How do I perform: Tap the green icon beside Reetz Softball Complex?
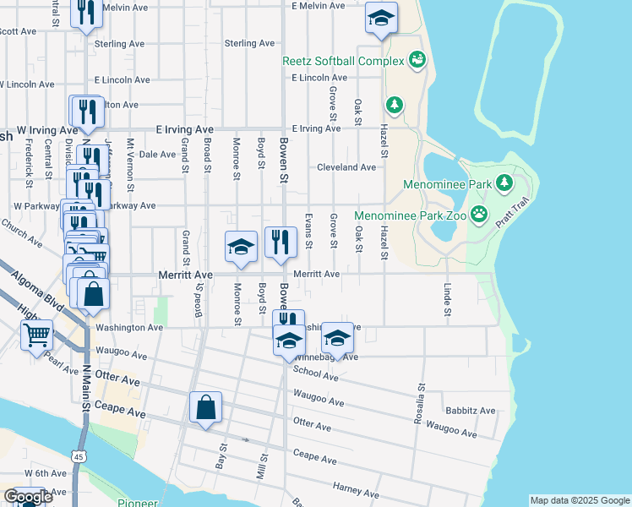pyautogui.click(x=416, y=59)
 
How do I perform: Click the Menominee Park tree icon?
pyautogui.click(x=504, y=183)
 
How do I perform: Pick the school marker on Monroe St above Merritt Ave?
pyautogui.click(x=241, y=247)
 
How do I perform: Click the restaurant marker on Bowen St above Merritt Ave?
pyautogui.click(x=281, y=242)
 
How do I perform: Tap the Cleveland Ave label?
pyautogui.click(x=346, y=167)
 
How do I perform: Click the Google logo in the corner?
pyautogui.click(x=28, y=497)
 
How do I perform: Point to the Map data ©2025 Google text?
pyautogui.click(x=580, y=500)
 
